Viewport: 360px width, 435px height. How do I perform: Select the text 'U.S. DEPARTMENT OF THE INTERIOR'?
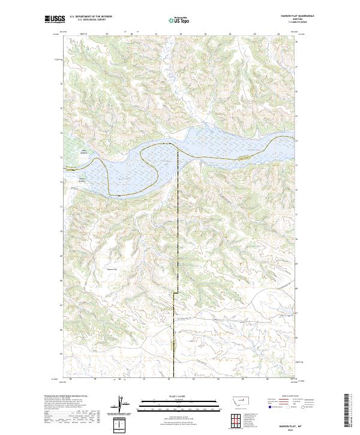point(91,17)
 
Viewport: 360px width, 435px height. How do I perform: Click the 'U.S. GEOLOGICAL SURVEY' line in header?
point(89,20)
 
